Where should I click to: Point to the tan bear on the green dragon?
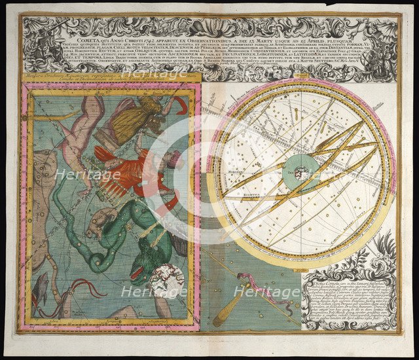point(104,223)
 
